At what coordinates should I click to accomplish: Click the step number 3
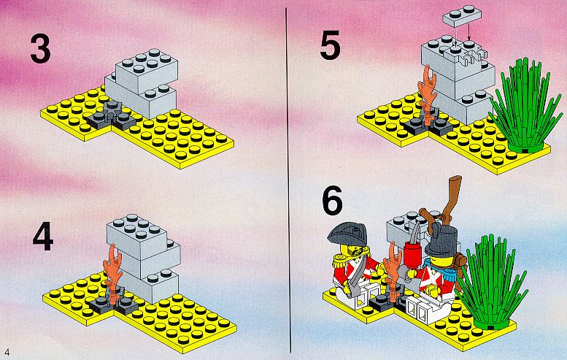point(41,48)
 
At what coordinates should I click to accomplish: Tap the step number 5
point(330,45)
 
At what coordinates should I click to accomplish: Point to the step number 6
point(332,200)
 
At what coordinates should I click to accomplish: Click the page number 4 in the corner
point(7,352)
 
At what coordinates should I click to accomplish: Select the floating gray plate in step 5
point(462,16)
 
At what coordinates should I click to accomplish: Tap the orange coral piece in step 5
point(428,95)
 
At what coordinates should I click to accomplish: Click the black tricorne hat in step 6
point(347,235)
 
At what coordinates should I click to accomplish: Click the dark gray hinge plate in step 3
point(111,117)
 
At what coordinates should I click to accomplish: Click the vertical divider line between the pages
point(288,180)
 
